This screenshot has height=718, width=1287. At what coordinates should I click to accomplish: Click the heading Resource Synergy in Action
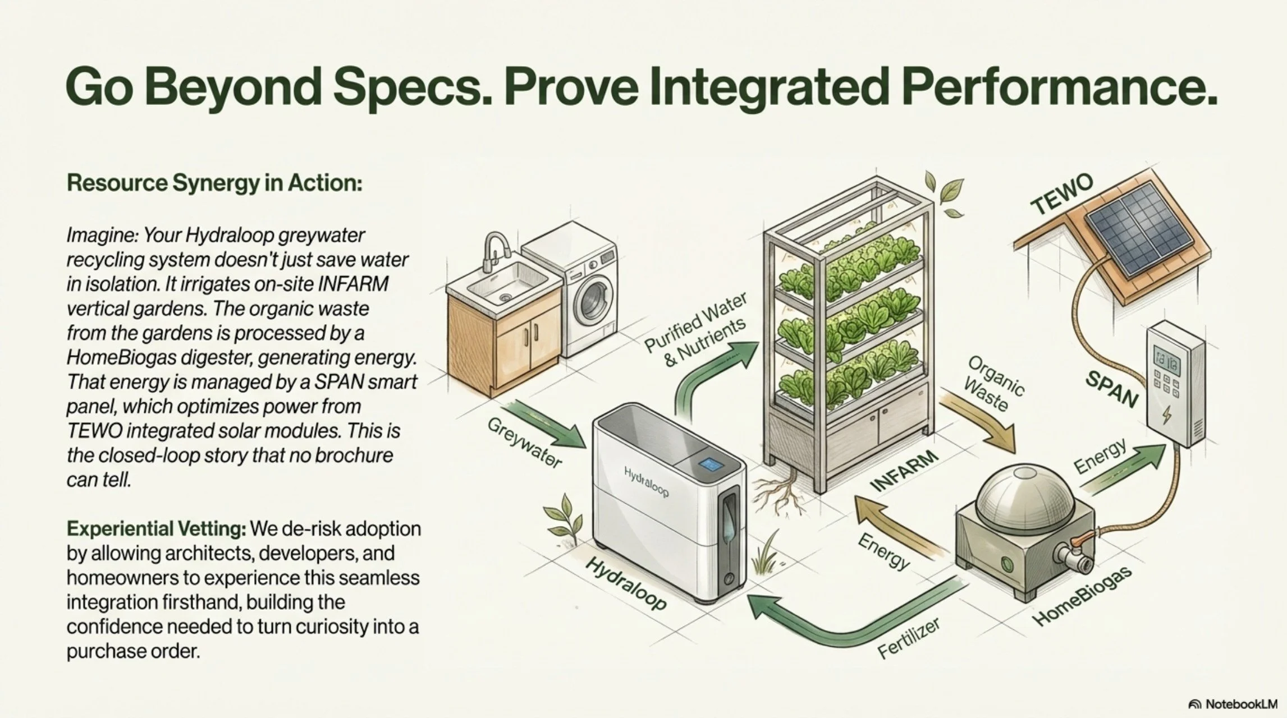click(x=214, y=183)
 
